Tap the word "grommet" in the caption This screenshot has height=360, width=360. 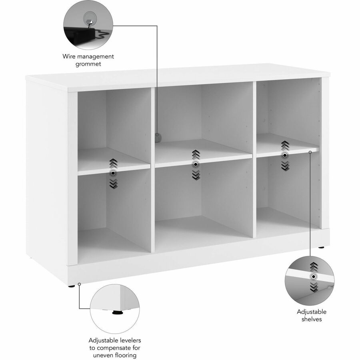[88, 64]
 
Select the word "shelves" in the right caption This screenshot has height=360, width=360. [312, 319]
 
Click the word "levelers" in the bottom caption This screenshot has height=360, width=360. [128, 340]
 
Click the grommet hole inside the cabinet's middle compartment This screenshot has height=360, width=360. [157, 137]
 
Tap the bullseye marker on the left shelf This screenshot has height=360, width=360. [113, 173]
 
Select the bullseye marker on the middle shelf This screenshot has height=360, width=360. [196, 164]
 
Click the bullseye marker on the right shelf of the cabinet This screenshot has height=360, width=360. [285, 156]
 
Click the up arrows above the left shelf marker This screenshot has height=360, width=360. [114, 163]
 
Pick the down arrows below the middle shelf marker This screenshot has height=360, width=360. [196, 175]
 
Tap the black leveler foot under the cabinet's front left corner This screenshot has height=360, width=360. [72, 286]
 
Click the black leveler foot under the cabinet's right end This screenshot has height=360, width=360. [321, 248]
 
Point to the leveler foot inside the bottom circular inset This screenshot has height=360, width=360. [117, 312]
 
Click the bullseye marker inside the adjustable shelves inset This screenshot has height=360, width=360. [313, 277]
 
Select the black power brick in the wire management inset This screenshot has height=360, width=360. [80, 35]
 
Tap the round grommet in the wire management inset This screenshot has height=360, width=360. [89, 19]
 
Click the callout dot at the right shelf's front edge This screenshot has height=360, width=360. [310, 152]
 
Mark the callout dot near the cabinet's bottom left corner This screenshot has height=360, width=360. [79, 284]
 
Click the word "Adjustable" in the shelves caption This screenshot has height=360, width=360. [312, 312]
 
